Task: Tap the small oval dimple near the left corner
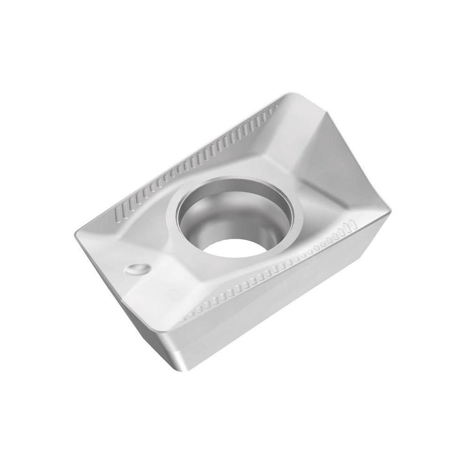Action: click(x=137, y=269)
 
